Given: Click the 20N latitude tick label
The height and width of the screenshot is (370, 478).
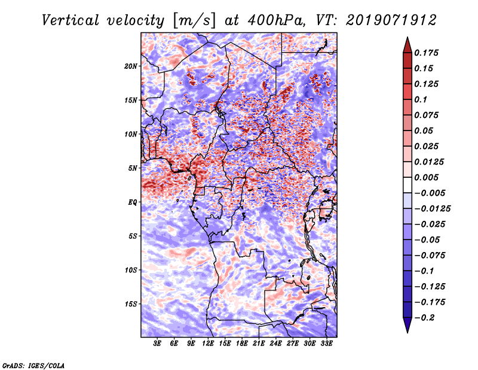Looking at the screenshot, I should tap(131, 66).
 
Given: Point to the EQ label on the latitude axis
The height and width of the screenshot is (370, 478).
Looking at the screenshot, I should tap(133, 202).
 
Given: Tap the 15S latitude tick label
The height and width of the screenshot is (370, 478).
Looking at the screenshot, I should tap(131, 304).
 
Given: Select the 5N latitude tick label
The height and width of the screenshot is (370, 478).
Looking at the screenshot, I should tap(133, 168).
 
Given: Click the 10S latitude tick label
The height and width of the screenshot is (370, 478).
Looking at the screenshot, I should tap(131, 270).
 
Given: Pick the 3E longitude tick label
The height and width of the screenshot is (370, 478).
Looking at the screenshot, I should tap(158, 344).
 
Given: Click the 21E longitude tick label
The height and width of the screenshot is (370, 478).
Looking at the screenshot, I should tap(259, 344).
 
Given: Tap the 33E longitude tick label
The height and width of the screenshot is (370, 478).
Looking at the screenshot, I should tap(326, 344).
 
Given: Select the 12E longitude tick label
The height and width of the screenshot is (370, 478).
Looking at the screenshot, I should tap(208, 344).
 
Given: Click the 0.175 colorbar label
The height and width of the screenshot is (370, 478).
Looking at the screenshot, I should tap(428, 53).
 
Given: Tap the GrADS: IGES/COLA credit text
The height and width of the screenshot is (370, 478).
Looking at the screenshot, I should tap(33, 365).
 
